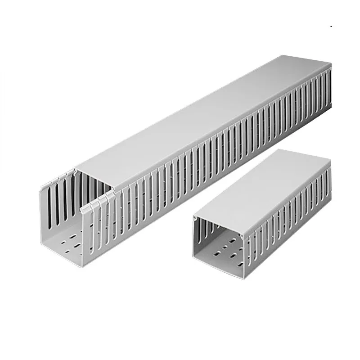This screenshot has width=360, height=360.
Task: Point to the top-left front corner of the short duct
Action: (x=194, y=217)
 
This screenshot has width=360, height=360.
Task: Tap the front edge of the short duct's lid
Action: (x=219, y=225)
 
